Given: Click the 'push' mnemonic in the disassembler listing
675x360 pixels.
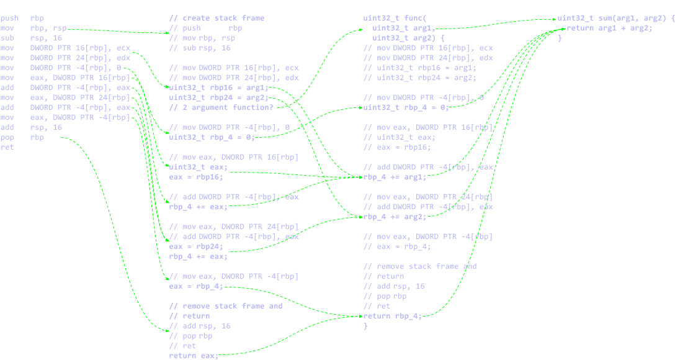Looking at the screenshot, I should (9, 19).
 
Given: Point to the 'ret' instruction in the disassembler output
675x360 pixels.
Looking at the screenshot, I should (7, 148).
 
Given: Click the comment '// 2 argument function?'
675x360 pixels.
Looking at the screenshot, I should (221, 107).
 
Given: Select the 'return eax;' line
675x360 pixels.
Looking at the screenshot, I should (193, 356).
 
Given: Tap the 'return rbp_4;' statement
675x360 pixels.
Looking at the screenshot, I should (392, 316).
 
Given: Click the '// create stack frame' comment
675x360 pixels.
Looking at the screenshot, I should (217, 19).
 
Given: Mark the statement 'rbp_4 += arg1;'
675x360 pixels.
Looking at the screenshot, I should (395, 177).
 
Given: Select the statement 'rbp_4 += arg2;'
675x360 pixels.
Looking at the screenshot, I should (395, 217).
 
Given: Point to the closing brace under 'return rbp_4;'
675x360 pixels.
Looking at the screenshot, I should (365, 326).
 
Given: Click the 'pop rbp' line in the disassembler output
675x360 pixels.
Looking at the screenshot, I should (22, 138).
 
